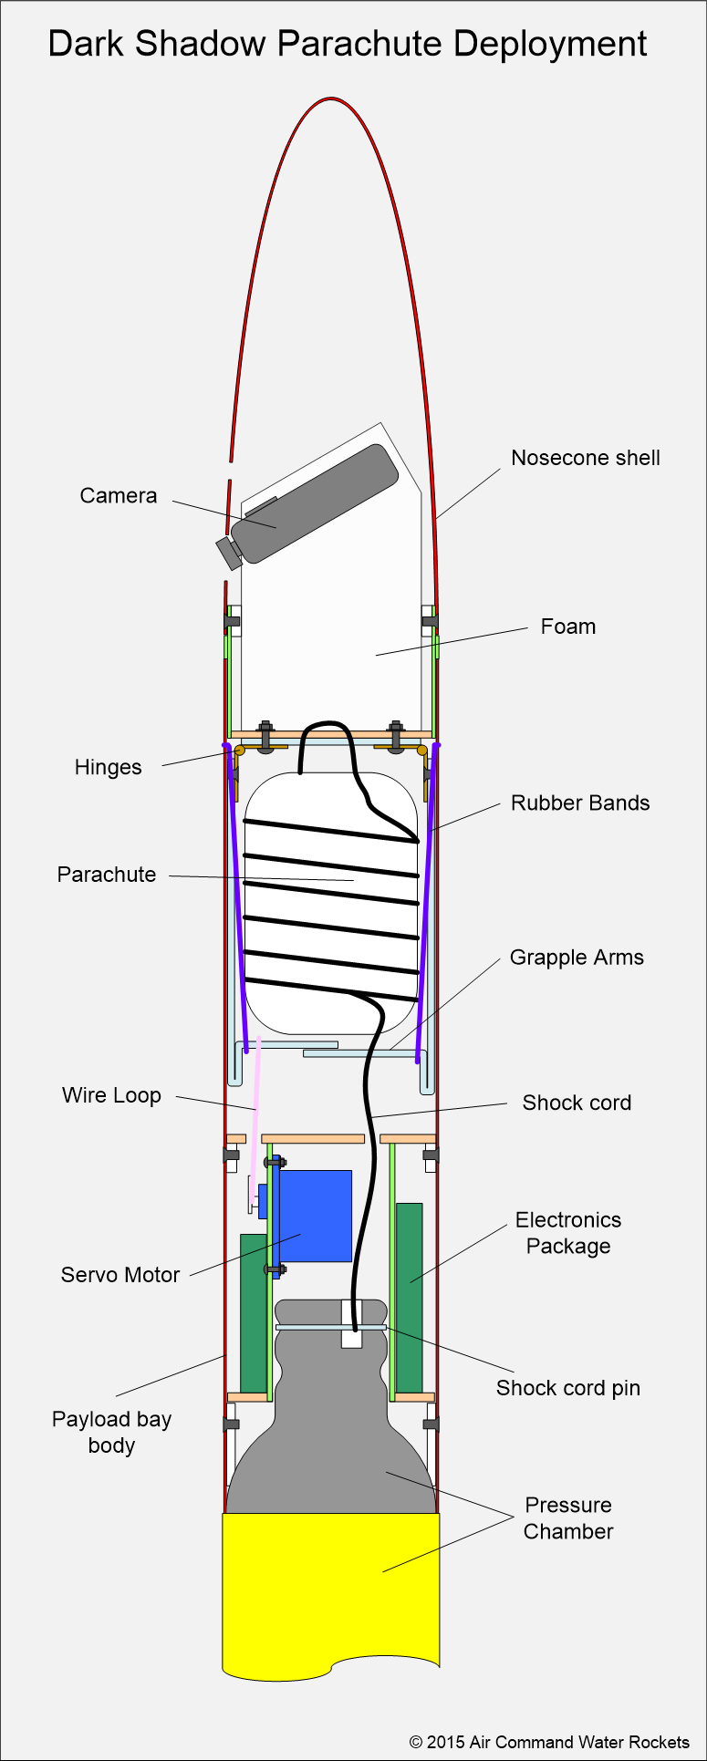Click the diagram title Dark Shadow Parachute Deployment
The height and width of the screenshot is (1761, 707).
(x=348, y=45)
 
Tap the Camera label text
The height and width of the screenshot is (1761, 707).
(x=119, y=496)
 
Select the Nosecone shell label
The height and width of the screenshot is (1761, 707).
(x=585, y=458)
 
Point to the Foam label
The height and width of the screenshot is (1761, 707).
(x=567, y=627)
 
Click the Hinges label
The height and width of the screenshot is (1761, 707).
(x=108, y=768)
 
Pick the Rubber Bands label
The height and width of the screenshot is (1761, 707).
(x=580, y=803)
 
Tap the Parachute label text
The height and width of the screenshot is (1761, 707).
(x=107, y=875)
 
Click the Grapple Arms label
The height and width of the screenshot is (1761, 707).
(x=577, y=958)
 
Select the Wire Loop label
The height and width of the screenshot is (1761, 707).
(x=111, y=1095)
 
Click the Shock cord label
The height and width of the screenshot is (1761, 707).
(x=577, y=1103)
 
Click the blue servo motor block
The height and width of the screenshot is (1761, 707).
(x=315, y=1216)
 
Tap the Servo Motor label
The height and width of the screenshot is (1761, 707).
(x=120, y=1275)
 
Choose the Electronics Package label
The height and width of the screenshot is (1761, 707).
(x=567, y=1233)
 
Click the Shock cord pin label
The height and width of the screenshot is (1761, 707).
(x=567, y=1388)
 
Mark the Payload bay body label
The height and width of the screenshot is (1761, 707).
(x=111, y=1432)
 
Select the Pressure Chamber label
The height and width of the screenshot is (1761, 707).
(x=567, y=1518)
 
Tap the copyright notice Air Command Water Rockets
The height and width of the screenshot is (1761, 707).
(x=549, y=1742)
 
